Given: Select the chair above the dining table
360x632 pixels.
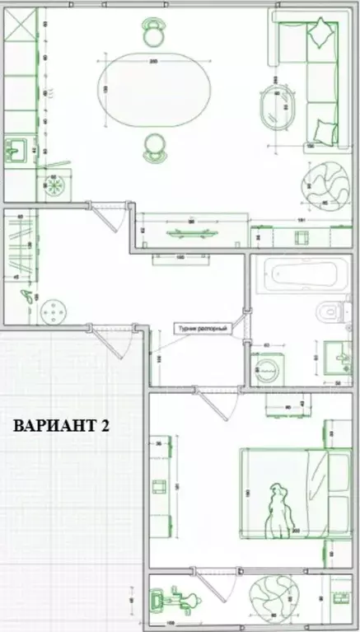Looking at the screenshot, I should (x=152, y=33).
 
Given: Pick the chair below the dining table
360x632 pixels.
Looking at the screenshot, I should (x=153, y=146).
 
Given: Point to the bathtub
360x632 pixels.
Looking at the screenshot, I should (x=295, y=276).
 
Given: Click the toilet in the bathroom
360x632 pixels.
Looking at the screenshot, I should (x=330, y=311).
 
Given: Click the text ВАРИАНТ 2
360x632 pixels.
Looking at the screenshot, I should (x=61, y=426).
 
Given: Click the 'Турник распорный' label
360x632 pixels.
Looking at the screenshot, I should (x=201, y=328).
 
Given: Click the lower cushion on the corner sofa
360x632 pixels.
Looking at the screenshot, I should (x=325, y=130).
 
